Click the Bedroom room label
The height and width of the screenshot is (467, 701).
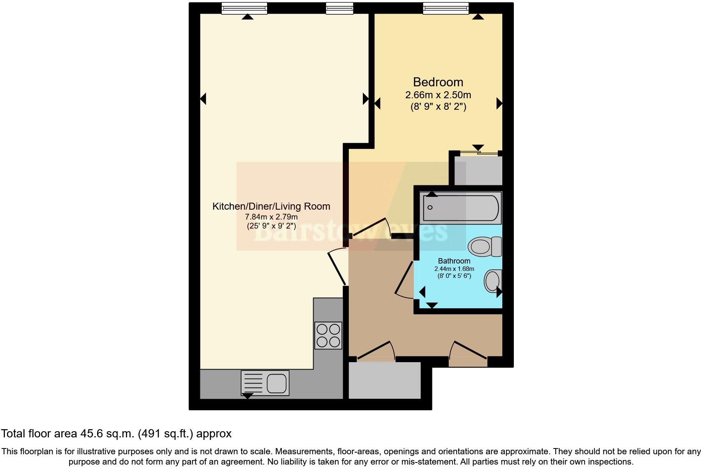438,82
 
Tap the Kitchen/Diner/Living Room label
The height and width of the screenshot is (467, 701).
272,206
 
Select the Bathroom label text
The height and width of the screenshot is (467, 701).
454,261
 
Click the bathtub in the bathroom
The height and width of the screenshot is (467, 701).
461,208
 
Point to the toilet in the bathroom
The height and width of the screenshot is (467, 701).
485,247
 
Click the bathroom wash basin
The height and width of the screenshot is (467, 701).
493,281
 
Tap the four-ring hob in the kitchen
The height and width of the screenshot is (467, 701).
328,335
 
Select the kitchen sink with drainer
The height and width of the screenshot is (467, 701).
265,383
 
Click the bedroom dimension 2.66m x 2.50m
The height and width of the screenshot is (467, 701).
438,95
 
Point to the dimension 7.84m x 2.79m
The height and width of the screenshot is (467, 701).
272,217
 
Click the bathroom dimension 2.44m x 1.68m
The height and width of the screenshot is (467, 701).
454,269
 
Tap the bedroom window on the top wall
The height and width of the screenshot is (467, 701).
446,8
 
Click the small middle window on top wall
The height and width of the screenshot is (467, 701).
339,8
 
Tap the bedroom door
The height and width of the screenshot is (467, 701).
371,227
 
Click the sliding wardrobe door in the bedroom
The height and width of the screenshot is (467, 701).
479,153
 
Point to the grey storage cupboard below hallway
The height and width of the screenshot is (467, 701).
385,380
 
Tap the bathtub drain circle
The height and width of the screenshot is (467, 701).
430,207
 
